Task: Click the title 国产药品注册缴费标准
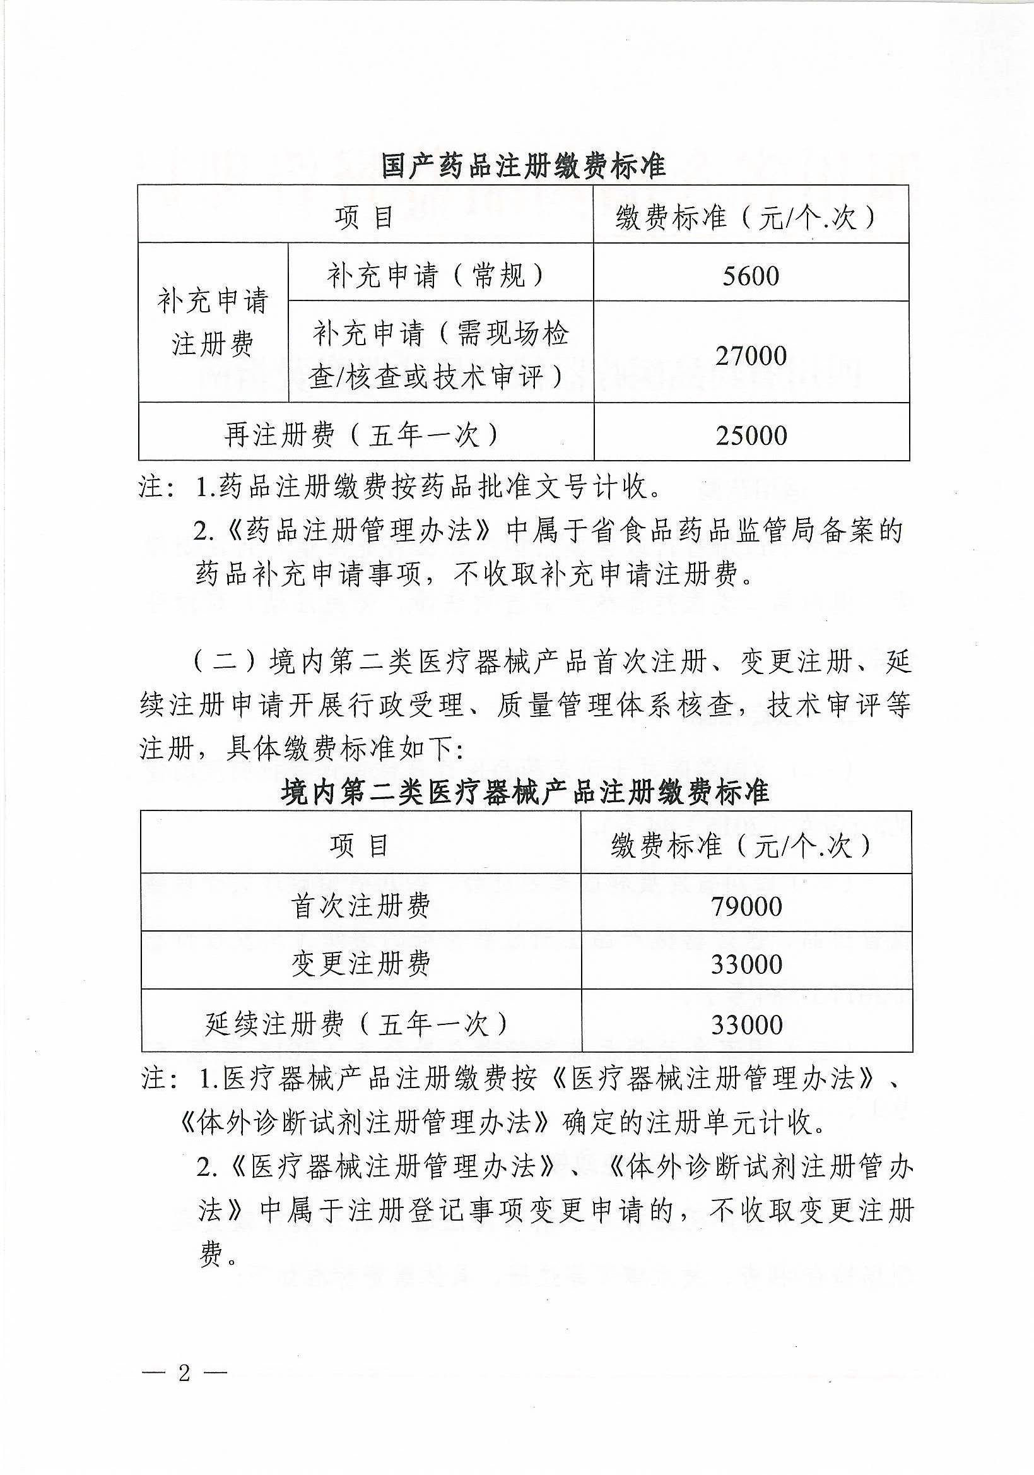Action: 523,166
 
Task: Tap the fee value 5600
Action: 750,276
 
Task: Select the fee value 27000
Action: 750,355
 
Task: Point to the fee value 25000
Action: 751,435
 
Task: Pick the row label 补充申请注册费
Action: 213,323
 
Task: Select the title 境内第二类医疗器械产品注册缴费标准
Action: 525,792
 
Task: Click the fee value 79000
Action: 746,906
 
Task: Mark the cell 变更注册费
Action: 360,964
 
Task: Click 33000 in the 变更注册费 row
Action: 746,964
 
